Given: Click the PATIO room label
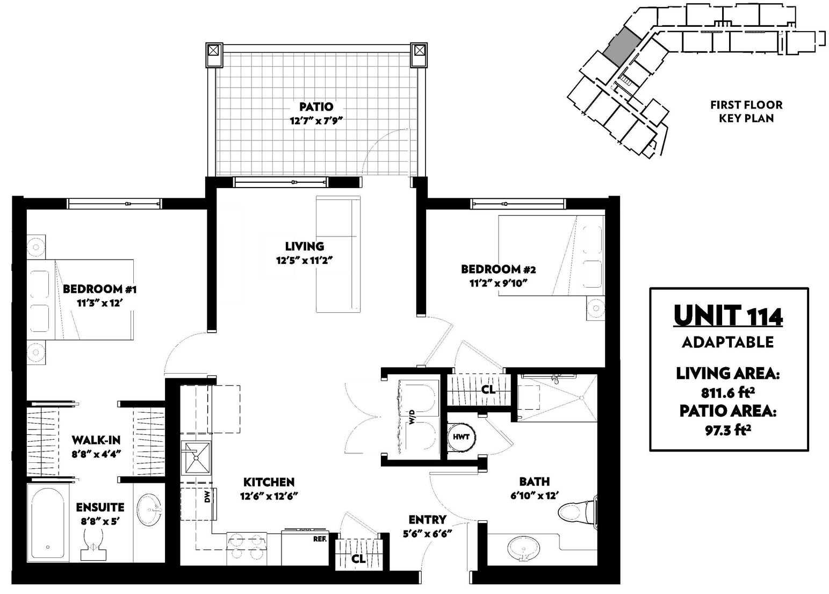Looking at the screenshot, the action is (x=316, y=106).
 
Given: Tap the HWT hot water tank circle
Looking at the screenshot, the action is (x=461, y=437).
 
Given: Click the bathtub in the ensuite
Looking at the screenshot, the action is (x=48, y=523).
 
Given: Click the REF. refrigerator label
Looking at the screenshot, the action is (x=320, y=539).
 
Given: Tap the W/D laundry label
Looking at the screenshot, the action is (x=412, y=417).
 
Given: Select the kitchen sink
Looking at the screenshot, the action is (x=196, y=457).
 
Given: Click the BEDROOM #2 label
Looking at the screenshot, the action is (x=498, y=269).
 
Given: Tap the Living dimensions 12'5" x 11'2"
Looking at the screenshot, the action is (x=304, y=261).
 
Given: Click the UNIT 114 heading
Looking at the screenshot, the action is (x=728, y=316).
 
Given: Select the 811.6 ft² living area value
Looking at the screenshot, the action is (x=728, y=392).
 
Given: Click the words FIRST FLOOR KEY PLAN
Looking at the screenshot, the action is (x=746, y=111).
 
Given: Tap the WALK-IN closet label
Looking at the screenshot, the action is (x=96, y=440).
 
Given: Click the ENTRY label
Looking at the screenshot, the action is (x=428, y=520).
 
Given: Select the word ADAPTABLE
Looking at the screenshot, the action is (x=727, y=342).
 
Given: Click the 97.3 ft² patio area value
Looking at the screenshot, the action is (x=728, y=431).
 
